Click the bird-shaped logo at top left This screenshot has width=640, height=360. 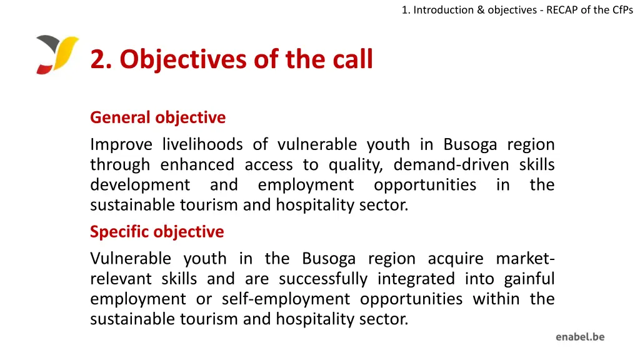point(57,55)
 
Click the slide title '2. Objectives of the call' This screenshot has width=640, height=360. point(231,59)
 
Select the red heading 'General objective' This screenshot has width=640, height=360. point(157,117)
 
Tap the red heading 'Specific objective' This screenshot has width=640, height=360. point(157,232)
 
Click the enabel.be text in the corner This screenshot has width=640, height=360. point(580,337)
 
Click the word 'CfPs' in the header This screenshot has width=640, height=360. point(621,9)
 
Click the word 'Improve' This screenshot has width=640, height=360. point(121,144)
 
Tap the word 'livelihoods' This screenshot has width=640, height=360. point(202,144)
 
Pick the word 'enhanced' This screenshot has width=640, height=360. point(197,165)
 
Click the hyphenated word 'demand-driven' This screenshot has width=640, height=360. point(452,165)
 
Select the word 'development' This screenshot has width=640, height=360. point(140,186)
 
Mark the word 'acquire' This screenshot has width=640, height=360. point(456,259)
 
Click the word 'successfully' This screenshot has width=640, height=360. point(322,279)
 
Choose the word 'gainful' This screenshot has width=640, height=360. point(529,279)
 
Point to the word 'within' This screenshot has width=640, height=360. point(496,299)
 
